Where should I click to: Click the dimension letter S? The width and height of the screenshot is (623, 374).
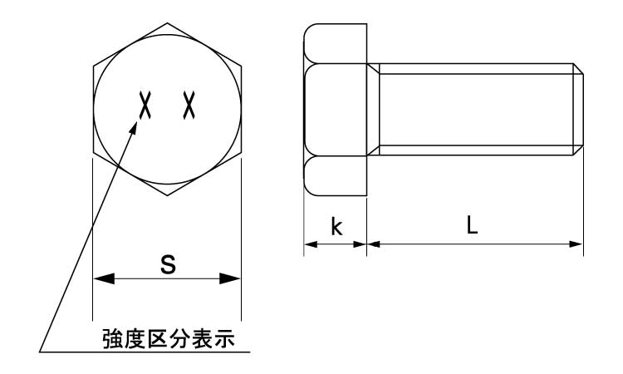(x=168, y=264)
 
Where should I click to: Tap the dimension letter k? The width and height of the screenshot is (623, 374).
(x=336, y=227)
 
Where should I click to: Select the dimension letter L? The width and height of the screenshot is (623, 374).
(x=472, y=225)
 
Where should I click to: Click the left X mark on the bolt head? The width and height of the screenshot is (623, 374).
(x=145, y=105)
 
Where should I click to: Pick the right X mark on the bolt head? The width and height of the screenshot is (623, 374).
(x=189, y=105)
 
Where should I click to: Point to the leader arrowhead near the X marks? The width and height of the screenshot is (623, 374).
(x=133, y=129)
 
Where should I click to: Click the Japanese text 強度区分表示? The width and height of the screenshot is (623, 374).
(x=169, y=338)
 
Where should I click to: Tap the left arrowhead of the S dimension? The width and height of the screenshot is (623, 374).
(x=104, y=278)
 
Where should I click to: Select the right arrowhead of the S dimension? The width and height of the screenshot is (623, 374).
(x=230, y=278)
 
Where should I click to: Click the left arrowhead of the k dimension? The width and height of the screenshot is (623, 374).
(x=311, y=244)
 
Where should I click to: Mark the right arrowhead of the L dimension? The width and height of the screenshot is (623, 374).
(x=576, y=244)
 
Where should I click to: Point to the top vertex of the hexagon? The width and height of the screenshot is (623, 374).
(x=167, y=23)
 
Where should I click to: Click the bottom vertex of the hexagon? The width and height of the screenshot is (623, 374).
(x=167, y=195)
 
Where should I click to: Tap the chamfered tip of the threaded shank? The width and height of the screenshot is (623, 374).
(x=578, y=110)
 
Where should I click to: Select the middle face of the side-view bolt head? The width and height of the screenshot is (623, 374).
(x=336, y=110)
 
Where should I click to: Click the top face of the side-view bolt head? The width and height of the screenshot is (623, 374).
(x=336, y=44)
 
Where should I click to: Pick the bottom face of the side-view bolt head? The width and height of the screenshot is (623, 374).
(x=336, y=175)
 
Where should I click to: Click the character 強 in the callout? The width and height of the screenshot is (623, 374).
(x=113, y=338)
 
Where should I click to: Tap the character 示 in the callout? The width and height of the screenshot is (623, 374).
(x=224, y=338)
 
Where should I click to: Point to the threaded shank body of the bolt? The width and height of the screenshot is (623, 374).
(x=476, y=110)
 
